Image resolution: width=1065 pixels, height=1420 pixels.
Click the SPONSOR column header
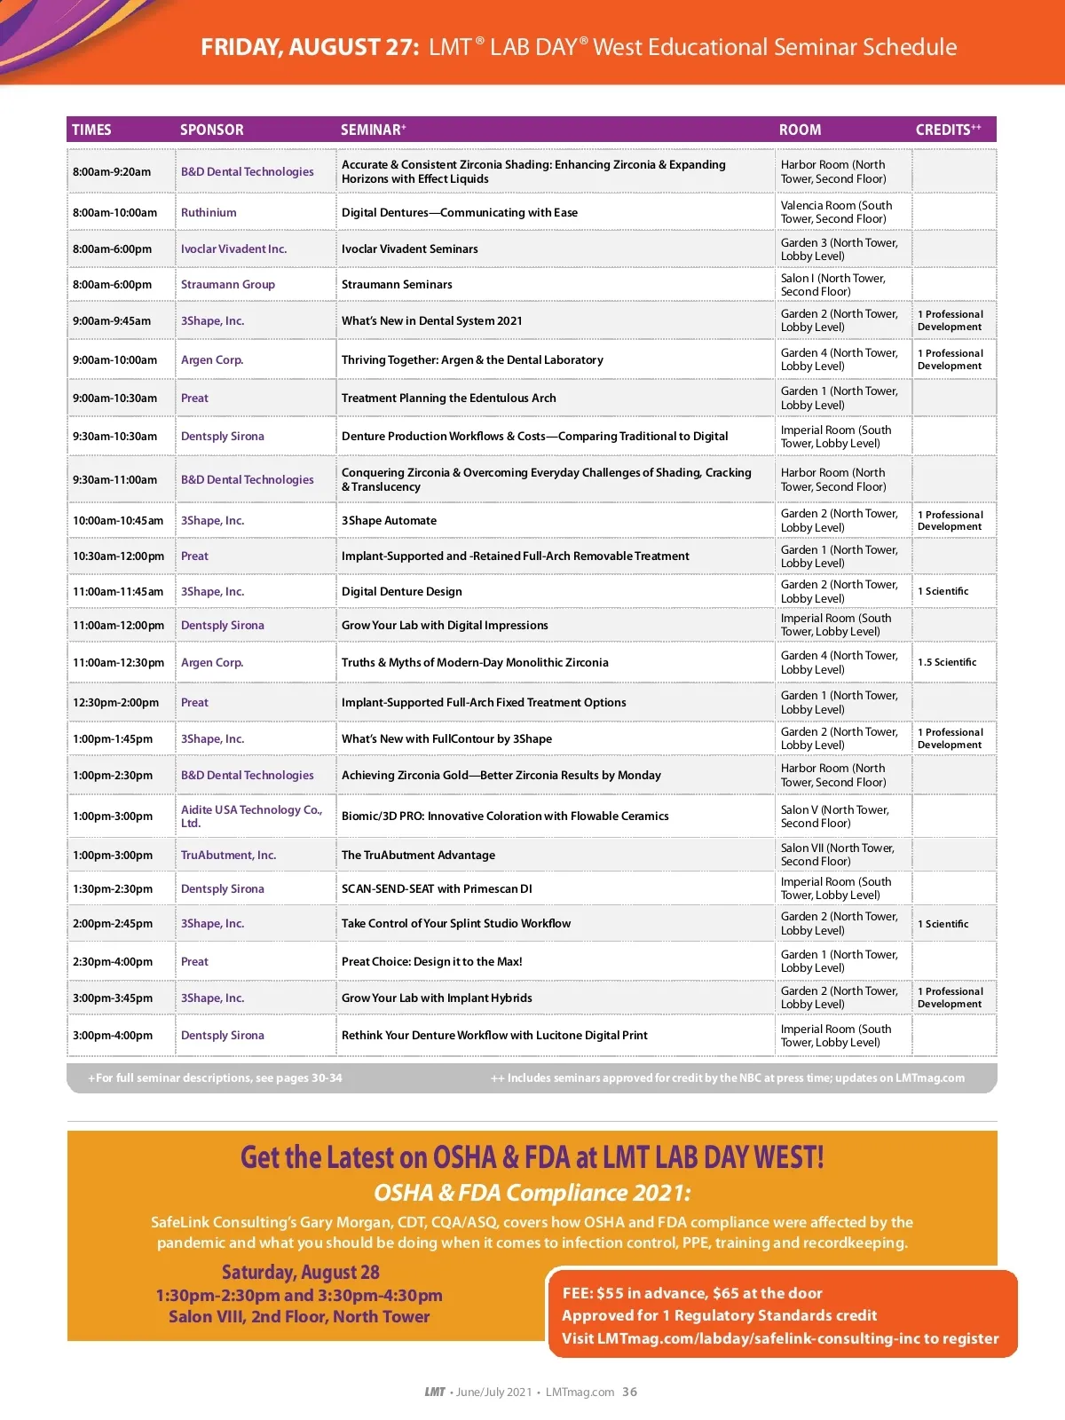point(211,130)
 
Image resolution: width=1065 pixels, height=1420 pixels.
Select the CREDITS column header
point(947,130)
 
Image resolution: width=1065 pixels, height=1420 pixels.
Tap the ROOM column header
point(800,130)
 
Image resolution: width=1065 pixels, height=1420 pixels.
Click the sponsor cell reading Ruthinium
point(209,213)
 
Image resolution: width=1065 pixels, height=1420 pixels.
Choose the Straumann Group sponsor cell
point(228,285)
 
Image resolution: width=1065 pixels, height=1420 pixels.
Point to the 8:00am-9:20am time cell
point(112,172)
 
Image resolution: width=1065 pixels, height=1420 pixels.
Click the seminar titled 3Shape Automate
point(389,521)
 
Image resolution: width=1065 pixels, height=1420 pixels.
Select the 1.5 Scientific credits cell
point(947,663)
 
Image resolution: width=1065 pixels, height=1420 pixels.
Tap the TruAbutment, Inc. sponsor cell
point(228,856)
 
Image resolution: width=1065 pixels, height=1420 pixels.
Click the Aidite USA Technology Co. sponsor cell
point(251,816)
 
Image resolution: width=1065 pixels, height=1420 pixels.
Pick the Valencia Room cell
point(836,212)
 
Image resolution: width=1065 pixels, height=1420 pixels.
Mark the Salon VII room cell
point(837,855)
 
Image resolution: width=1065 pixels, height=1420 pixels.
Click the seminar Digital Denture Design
point(401,592)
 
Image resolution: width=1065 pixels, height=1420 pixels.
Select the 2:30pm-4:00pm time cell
point(113,962)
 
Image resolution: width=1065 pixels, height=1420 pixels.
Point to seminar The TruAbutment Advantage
point(418,856)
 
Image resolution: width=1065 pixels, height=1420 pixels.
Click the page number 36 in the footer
point(629,1392)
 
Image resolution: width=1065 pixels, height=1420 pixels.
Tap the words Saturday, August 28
point(300,1273)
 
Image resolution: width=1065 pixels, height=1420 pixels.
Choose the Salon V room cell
point(834,816)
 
